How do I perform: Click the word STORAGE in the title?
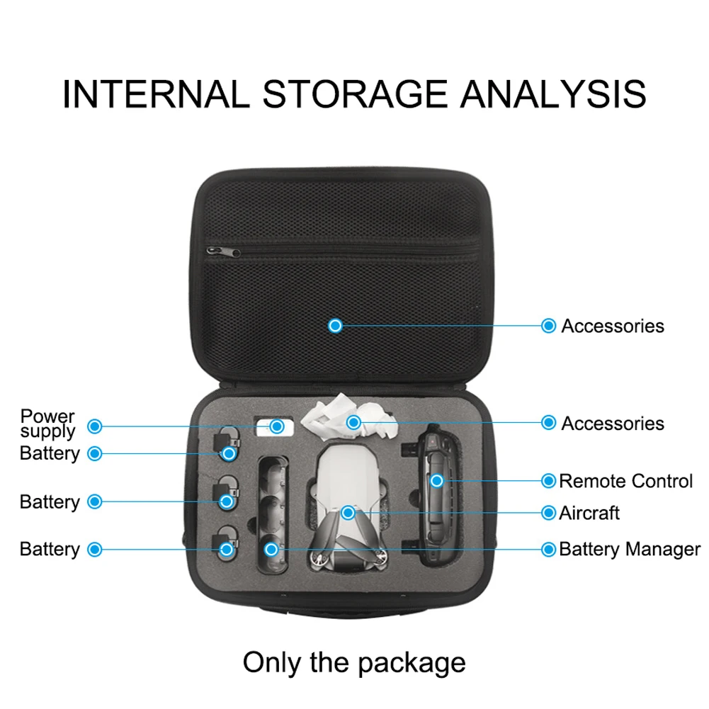click(x=355, y=94)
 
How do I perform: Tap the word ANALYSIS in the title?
click(x=554, y=94)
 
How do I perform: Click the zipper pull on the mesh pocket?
click(x=222, y=252)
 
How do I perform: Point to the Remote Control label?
click(x=626, y=481)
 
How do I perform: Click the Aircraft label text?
click(x=589, y=513)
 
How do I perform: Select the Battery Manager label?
click(x=630, y=549)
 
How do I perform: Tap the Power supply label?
click(x=47, y=424)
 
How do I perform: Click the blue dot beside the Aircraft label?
click(x=548, y=513)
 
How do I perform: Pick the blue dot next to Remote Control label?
click(x=548, y=481)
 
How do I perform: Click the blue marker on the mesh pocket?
click(x=336, y=326)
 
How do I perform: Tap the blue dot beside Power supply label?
click(x=95, y=426)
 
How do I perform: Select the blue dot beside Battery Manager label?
click(x=548, y=549)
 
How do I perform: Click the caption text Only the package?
click(x=354, y=663)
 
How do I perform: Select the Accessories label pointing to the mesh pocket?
click(x=613, y=326)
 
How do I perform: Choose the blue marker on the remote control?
click(x=437, y=481)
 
